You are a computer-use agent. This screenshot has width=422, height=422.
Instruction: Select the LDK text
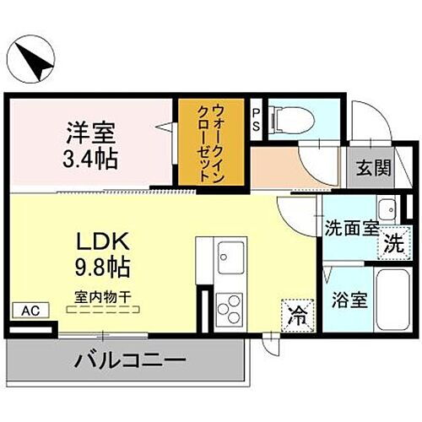(98, 242)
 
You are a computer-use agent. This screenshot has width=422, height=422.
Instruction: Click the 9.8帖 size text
(98, 268)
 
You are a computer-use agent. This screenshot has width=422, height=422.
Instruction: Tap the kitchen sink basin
(230, 252)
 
